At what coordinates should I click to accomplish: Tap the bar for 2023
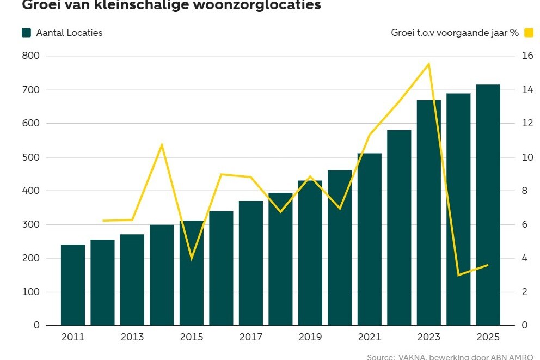pos(428,212)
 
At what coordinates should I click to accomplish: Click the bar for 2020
pos(340,248)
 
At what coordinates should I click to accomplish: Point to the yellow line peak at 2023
pos(429,64)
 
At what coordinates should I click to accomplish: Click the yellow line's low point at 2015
pos(192,258)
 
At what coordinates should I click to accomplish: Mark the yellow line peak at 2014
pos(162,144)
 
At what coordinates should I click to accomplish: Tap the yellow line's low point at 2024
pos(458,275)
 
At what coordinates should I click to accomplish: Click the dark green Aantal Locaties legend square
pos(27,33)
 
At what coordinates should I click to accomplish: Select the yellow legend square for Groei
pos(529,33)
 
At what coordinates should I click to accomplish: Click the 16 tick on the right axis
pos(513,56)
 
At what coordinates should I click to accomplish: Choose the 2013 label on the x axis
pos(132,338)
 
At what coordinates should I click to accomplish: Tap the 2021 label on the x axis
pos(370,338)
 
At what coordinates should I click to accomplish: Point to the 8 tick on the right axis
pos(511,191)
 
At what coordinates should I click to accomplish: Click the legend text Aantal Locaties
pos(69,33)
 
